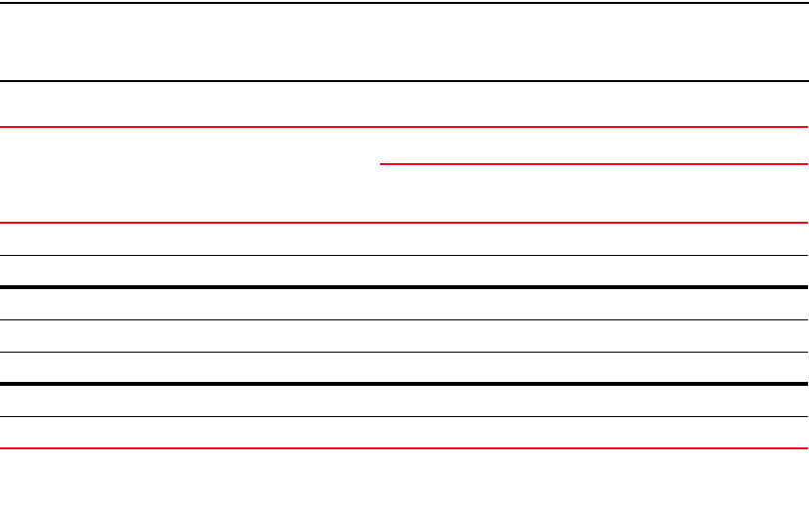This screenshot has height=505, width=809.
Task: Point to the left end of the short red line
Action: [x=380, y=164]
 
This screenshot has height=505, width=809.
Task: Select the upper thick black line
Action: [x=404, y=287]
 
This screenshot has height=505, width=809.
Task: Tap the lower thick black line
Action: [x=404, y=384]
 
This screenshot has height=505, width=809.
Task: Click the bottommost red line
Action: [x=404, y=449]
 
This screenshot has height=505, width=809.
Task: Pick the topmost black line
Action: [x=404, y=2]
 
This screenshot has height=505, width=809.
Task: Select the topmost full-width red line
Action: [x=404, y=127]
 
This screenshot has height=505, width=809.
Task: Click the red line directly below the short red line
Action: [x=404, y=224]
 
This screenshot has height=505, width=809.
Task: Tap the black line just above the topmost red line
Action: [x=404, y=80]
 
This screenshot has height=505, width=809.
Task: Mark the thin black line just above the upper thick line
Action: [x=404, y=256]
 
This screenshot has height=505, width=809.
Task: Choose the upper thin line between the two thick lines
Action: [x=404, y=319]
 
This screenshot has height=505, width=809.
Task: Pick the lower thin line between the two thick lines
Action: [x=404, y=352]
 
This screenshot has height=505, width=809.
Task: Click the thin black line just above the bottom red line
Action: [x=404, y=417]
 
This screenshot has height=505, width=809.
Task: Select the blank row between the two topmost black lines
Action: [x=404, y=41]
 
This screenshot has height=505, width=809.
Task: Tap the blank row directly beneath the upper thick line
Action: [x=404, y=304]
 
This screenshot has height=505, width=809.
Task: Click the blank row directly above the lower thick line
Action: [x=404, y=367]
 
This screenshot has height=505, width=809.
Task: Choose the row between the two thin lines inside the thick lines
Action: [x=404, y=336]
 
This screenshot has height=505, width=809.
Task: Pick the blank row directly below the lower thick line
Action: [x=404, y=400]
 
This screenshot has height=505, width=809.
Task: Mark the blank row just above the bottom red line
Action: [x=404, y=433]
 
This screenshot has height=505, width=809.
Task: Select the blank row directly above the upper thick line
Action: [x=404, y=272]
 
